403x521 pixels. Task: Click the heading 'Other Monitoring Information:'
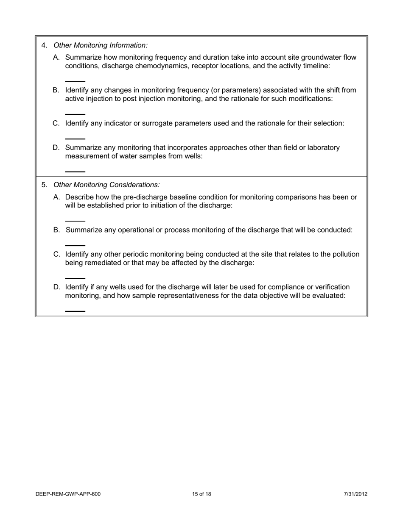click(x=101, y=45)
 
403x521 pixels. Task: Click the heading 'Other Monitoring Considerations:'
click(x=106, y=185)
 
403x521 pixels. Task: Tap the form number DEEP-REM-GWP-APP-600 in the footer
click(x=68, y=494)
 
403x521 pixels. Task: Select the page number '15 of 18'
click(x=201, y=494)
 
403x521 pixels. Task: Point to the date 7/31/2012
click(x=355, y=494)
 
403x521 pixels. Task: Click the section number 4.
click(x=44, y=45)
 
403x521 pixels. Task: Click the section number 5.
click(x=44, y=185)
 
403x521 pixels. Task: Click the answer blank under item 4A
click(x=75, y=81)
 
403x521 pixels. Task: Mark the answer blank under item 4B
click(x=75, y=114)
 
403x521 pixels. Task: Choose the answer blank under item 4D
click(x=75, y=172)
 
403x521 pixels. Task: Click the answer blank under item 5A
click(x=75, y=221)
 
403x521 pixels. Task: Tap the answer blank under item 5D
click(x=75, y=311)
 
